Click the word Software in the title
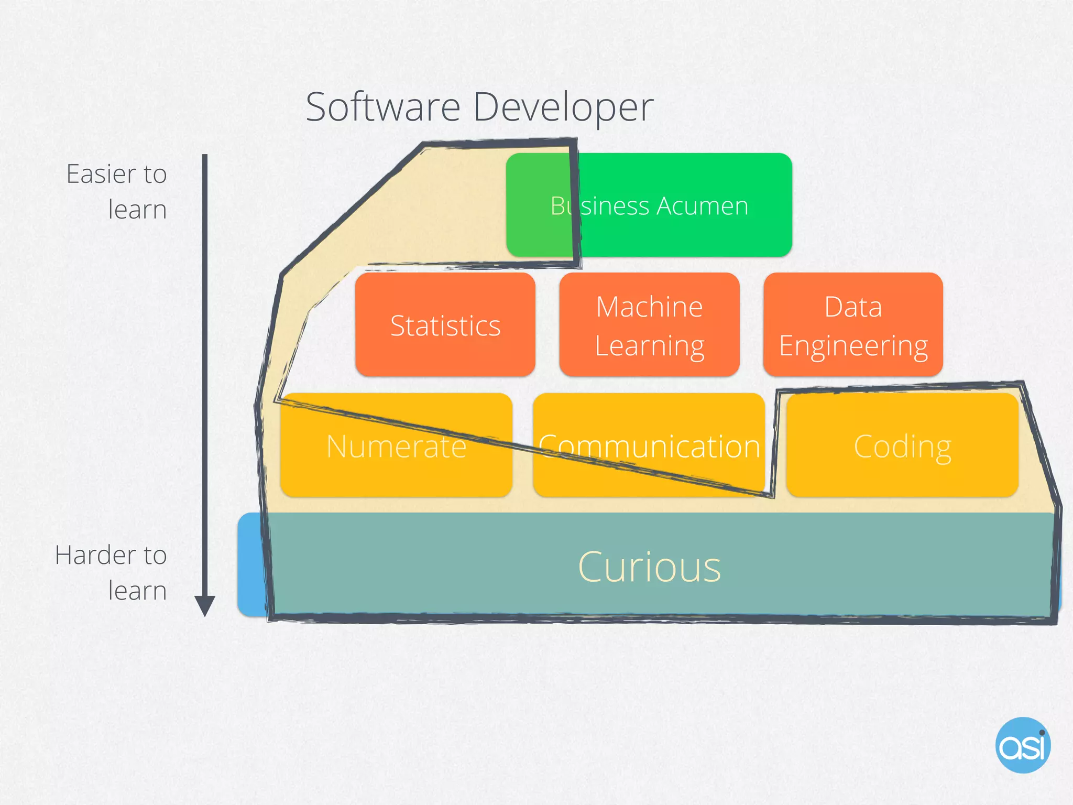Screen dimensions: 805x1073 pos(383,107)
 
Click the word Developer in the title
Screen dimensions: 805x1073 pos(563,107)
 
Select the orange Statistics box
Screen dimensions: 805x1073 pos(445,325)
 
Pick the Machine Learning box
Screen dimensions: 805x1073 pos(649,325)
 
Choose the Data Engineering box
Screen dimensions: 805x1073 pos(853,325)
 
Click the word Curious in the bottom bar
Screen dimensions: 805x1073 pos(649,567)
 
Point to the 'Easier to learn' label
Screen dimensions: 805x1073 pos(116,192)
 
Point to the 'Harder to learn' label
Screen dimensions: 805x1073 pos(111,573)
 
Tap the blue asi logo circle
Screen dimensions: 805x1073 pos(1023,745)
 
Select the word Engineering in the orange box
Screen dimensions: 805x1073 pos(853,346)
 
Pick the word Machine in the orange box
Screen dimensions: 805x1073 pos(649,307)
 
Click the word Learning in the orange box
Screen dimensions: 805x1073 pos(649,346)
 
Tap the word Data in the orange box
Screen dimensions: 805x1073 pos(853,307)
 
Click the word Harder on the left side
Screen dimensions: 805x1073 pos(95,555)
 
